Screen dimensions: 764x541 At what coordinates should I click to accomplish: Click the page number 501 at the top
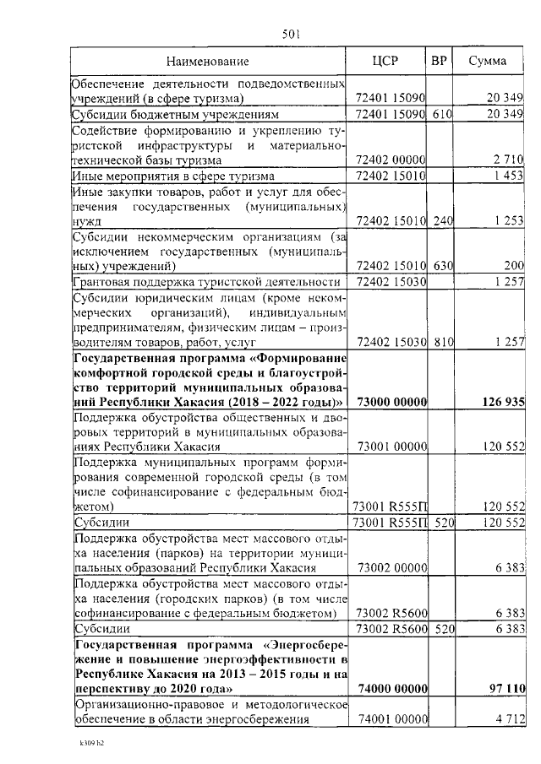(292, 34)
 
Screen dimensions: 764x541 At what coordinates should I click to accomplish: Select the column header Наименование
(207, 62)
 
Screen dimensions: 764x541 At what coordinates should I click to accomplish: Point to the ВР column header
(439, 61)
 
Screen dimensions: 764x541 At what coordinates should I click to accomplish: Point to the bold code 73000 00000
(391, 402)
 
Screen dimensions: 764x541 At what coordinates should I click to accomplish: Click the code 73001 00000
(392, 447)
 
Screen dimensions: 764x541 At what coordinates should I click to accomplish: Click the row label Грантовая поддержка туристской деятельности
(207, 282)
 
